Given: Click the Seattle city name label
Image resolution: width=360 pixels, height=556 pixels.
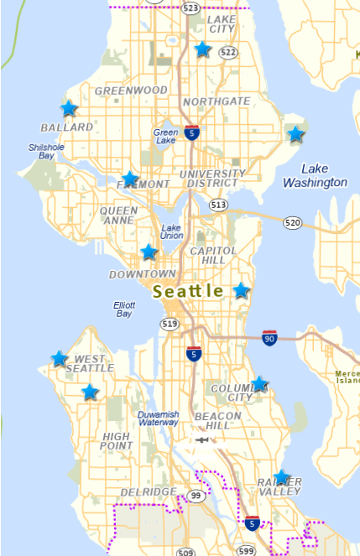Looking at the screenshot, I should [x=189, y=291].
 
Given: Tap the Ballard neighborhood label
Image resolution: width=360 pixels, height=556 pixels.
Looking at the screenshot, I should [x=66, y=127].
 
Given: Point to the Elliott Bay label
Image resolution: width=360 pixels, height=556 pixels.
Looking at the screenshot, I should [x=123, y=309].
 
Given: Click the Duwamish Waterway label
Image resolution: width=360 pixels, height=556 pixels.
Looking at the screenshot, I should [x=159, y=418].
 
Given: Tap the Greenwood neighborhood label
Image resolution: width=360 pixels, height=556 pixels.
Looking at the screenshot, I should [x=132, y=90].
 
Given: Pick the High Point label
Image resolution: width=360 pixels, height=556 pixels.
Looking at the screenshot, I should [x=116, y=442].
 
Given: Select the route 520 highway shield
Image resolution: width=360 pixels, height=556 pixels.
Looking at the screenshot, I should [x=292, y=222].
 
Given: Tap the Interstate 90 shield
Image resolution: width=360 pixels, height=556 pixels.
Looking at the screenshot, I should [x=269, y=337].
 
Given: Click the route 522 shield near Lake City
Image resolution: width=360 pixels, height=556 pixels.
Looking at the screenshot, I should [x=227, y=52].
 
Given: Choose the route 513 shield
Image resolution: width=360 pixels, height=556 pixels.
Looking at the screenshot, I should [x=219, y=205].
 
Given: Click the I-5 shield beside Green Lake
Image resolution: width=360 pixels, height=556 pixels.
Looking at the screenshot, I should [x=193, y=133].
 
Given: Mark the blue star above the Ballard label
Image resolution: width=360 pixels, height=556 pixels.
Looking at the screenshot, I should [x=68, y=108].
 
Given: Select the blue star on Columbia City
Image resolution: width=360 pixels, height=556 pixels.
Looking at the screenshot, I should [x=259, y=384].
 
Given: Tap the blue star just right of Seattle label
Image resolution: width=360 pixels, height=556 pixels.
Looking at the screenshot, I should [x=241, y=290].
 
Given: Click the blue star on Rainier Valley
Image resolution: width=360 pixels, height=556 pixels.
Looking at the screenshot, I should [x=281, y=477].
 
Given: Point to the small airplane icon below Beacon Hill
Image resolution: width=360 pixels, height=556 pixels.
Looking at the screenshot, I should [x=201, y=439].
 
